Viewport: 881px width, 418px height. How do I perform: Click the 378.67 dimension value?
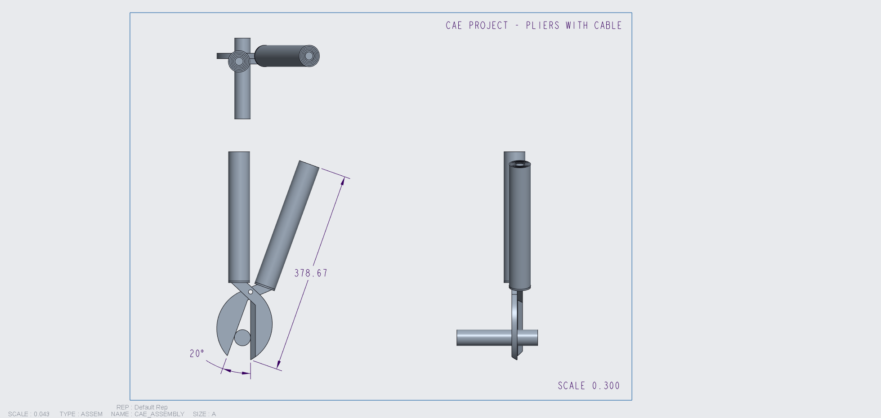(311, 273)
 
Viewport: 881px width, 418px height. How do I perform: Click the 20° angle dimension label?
(197, 354)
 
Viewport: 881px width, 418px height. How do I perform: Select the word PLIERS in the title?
(542, 26)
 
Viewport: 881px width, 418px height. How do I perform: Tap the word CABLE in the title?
(608, 26)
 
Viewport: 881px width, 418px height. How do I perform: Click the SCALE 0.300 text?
(588, 386)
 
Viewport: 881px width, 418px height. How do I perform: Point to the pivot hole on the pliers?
(250, 292)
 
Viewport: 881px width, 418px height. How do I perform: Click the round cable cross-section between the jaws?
(242, 338)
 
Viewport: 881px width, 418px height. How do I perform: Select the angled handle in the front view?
(287, 225)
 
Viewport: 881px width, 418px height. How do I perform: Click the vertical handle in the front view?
(239, 216)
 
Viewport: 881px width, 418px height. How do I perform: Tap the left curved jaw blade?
(228, 324)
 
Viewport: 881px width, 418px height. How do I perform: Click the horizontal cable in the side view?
(481, 338)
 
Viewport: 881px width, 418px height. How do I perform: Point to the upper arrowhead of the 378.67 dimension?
(343, 181)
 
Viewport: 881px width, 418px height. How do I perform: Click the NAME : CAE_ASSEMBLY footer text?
(148, 414)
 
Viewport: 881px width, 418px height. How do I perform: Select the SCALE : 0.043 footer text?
(29, 414)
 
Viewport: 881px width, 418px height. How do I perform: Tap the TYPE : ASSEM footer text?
(81, 414)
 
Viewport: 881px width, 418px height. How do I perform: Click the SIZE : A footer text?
(204, 414)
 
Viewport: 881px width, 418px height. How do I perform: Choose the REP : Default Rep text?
(142, 407)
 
